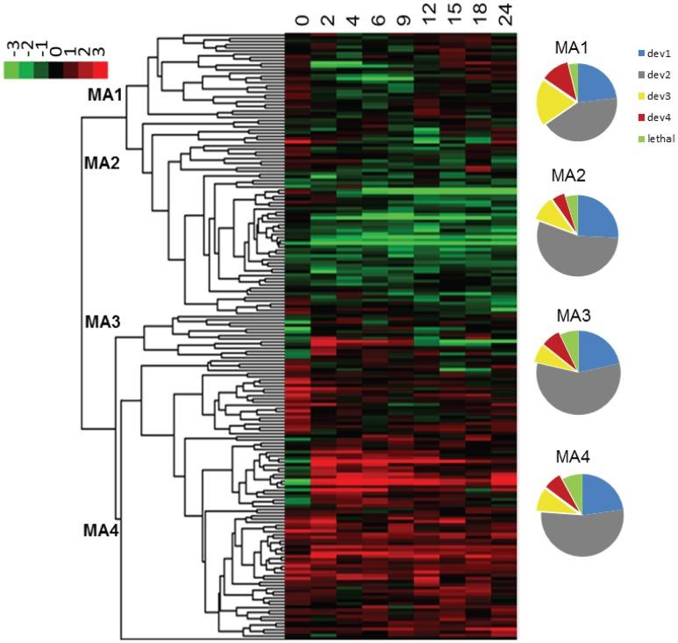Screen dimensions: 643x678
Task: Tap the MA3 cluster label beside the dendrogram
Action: [x=103, y=322]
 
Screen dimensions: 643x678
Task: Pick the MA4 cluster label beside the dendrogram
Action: [x=103, y=530]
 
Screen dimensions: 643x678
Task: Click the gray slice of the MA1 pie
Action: [x=583, y=127]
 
